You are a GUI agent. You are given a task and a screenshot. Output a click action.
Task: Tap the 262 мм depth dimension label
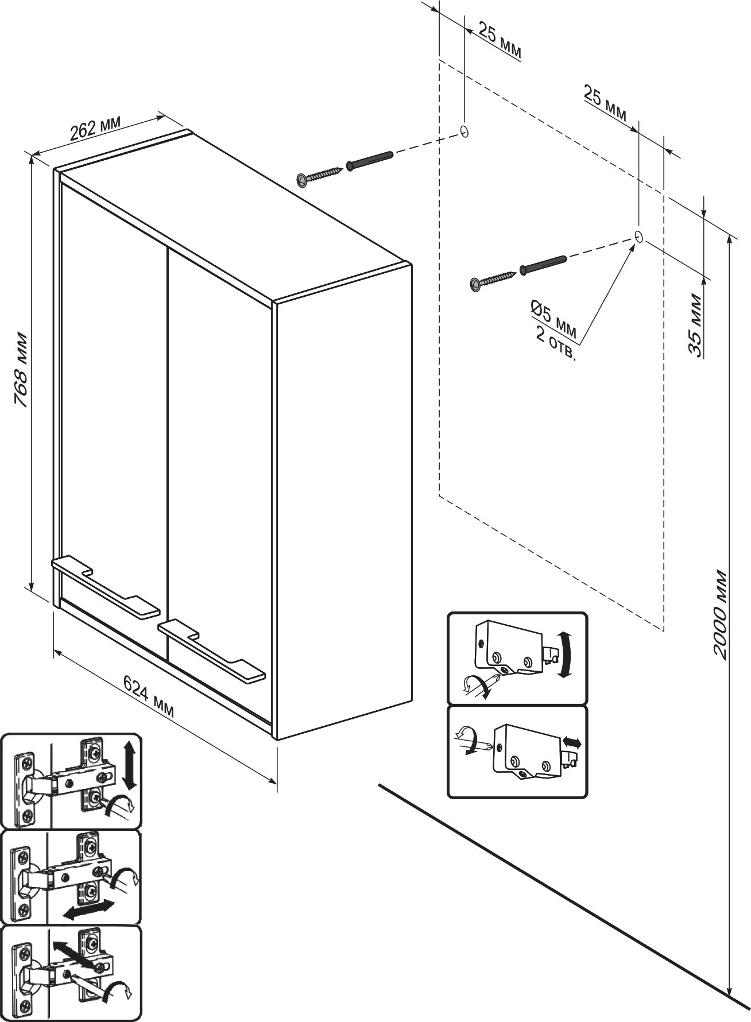95,130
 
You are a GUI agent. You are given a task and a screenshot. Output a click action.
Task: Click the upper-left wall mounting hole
464,131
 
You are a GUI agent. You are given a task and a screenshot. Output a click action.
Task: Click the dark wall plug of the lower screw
543,265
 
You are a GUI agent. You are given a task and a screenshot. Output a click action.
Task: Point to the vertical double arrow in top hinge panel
129,764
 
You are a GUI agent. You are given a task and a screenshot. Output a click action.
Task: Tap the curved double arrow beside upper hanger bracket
566,655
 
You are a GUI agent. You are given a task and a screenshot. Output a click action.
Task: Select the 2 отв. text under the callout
555,345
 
